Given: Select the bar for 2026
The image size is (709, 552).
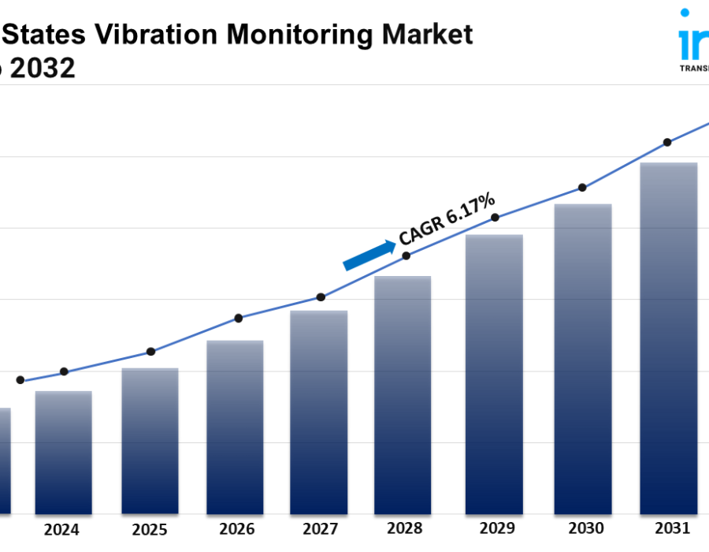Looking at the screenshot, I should (x=234, y=427).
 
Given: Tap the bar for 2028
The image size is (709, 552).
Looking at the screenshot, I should (x=403, y=394).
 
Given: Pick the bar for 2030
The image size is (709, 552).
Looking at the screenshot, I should (x=582, y=359).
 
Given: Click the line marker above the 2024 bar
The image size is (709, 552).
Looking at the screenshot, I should (x=64, y=371).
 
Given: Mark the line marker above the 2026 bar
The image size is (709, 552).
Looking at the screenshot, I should (x=239, y=318).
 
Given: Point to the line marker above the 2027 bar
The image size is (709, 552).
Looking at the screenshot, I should (x=321, y=297).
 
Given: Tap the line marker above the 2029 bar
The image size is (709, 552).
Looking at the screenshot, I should (x=495, y=217).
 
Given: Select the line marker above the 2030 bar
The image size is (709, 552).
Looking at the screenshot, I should (x=582, y=188).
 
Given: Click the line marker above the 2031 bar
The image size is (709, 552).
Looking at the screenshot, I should (x=667, y=142).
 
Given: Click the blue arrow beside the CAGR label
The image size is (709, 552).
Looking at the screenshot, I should (x=369, y=255).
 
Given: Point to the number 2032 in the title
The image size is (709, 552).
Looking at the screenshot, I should (x=44, y=69).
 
